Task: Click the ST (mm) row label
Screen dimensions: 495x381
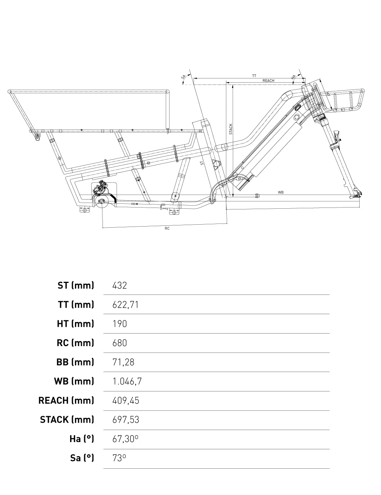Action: (x=76, y=285)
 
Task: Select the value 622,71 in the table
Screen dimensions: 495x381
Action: (x=125, y=305)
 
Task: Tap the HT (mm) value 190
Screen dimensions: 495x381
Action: (x=120, y=324)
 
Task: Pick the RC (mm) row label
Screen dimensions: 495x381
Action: (x=75, y=343)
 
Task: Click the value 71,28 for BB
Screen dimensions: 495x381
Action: (x=123, y=362)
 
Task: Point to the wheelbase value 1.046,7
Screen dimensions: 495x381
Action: (x=127, y=381)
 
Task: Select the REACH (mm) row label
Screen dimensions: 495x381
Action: (x=66, y=401)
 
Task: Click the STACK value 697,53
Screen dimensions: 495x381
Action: (x=126, y=420)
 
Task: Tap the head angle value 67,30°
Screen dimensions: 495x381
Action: (x=125, y=439)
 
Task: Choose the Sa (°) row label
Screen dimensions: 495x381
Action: (x=82, y=458)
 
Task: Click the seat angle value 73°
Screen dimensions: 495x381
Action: (x=119, y=458)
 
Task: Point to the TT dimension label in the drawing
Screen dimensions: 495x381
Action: (x=254, y=76)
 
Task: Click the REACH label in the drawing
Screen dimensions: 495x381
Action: (x=268, y=81)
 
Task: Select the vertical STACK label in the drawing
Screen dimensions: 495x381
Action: (x=231, y=129)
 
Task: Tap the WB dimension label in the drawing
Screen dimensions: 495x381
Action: (x=281, y=193)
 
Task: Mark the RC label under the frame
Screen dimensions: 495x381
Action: (x=167, y=228)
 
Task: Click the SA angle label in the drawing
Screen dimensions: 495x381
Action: (x=183, y=77)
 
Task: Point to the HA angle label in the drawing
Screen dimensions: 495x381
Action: (x=293, y=77)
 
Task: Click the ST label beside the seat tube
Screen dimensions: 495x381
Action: (x=202, y=163)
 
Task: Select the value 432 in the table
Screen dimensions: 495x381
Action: (x=120, y=285)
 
